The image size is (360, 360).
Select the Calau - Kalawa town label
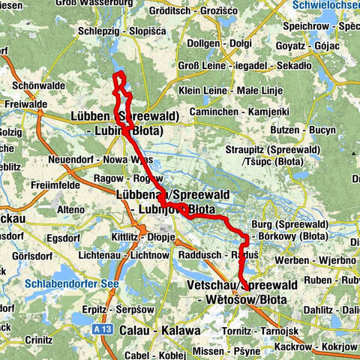(163, 331)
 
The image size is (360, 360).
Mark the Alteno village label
(71, 209)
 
